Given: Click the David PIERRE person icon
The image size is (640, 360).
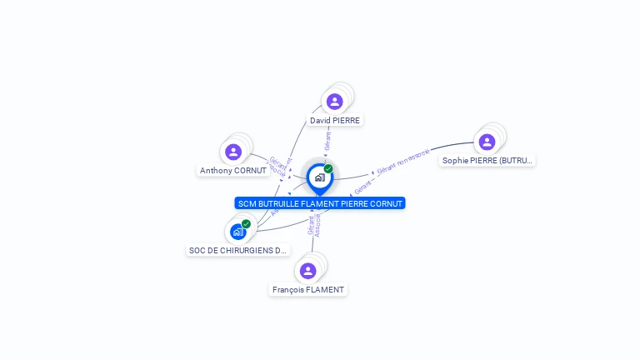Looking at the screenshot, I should pos(334,102).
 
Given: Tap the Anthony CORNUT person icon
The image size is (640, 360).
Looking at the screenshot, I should pos(233,152).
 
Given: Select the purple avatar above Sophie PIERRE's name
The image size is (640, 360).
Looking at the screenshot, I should pos(487,142).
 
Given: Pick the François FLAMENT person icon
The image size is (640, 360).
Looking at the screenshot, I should pos(307,271).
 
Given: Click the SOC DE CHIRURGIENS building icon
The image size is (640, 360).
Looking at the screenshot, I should pos(238,232).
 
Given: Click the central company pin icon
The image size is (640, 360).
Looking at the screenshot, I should pos(319,177).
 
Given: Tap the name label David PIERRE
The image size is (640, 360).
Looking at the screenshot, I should pos(335,120).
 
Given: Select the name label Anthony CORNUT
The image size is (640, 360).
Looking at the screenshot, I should pos(233,170).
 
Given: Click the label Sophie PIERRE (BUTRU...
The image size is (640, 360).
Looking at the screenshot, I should pos(487,160).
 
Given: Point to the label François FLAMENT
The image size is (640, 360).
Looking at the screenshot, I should pos(308,289).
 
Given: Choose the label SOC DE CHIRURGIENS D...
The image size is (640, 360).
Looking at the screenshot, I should pos(237,250).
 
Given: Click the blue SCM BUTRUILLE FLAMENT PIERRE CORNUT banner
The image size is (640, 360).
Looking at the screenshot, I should pos(320,203).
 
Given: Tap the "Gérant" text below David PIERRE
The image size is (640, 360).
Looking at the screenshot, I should pos(328,141).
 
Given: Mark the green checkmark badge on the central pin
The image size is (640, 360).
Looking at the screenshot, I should pos(328,169).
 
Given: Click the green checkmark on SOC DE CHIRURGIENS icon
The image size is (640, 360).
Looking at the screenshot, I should pos(246,223).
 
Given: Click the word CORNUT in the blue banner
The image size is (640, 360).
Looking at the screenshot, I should pos(385,203).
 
